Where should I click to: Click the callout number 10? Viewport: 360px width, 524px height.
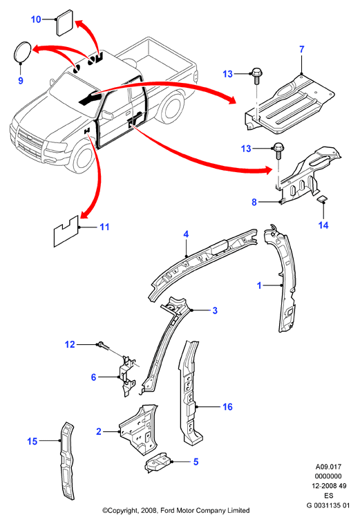coord(36,19)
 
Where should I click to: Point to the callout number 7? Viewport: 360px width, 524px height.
coord(301,50)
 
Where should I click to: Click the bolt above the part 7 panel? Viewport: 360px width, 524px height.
coord(256,76)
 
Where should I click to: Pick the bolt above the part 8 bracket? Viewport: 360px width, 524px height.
coord(278,151)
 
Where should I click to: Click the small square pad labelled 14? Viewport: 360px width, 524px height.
coord(322,200)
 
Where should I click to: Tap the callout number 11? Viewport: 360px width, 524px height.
coord(104,227)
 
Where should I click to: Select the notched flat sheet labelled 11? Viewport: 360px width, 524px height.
coord(66,232)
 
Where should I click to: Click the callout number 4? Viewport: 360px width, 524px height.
coord(186,234)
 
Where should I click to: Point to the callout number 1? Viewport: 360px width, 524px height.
coord(259,286)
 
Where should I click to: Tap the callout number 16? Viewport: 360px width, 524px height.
coord(227,406)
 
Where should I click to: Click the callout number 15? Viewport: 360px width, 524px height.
coord(32,441)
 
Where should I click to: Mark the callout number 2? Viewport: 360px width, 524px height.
coord(99,431)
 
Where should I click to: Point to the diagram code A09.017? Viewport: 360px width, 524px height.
coord(328,467)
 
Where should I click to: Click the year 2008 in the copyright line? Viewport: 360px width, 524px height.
coord(149,510)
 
